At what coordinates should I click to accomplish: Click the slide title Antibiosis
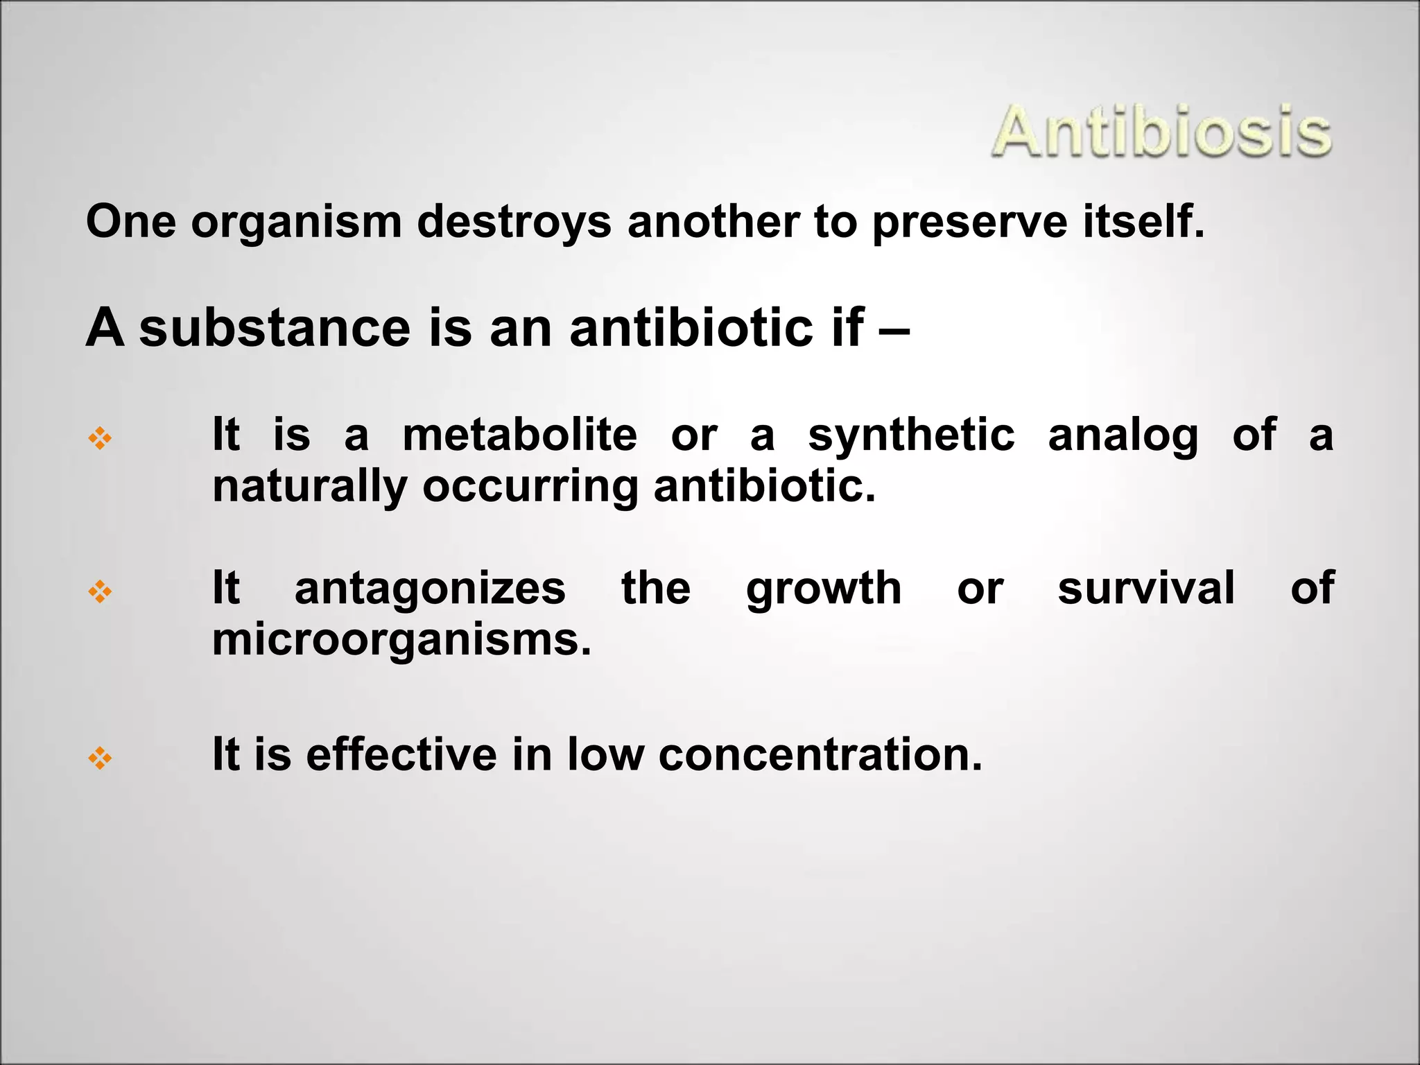coord(1161,132)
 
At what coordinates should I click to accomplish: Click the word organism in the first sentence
coord(296,223)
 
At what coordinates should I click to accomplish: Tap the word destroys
coord(514,223)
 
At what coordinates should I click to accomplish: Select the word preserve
coord(969,223)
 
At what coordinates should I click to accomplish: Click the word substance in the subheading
coord(275,327)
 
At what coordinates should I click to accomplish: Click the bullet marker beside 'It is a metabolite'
coord(101,438)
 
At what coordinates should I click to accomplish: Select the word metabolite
coord(519,435)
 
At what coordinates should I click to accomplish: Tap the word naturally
coord(309,487)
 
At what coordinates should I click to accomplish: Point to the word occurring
coord(530,487)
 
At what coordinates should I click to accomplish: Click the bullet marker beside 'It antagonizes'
coord(101,591)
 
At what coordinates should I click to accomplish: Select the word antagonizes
coord(430,589)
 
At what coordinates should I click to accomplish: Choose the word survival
coord(1145,588)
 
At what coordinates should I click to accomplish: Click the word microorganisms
coord(401,639)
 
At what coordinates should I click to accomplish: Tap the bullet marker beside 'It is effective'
coord(101,759)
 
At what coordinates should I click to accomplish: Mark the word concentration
coord(820,754)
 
